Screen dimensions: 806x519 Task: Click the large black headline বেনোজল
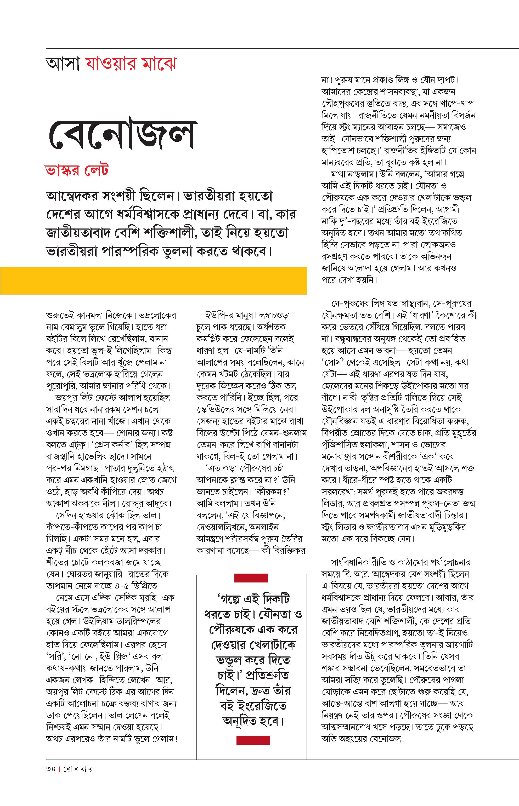(121, 134)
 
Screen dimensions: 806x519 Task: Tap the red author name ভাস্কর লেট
(77, 170)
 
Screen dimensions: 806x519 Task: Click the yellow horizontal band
(153, 281)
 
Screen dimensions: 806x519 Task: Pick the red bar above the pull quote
(251, 578)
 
